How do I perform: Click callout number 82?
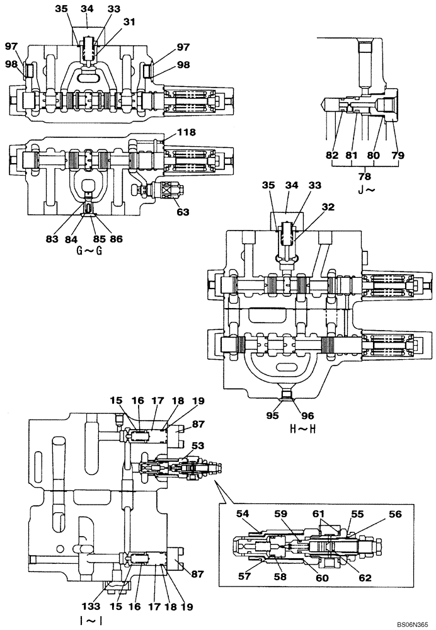[332, 154]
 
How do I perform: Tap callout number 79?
[398, 154]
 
